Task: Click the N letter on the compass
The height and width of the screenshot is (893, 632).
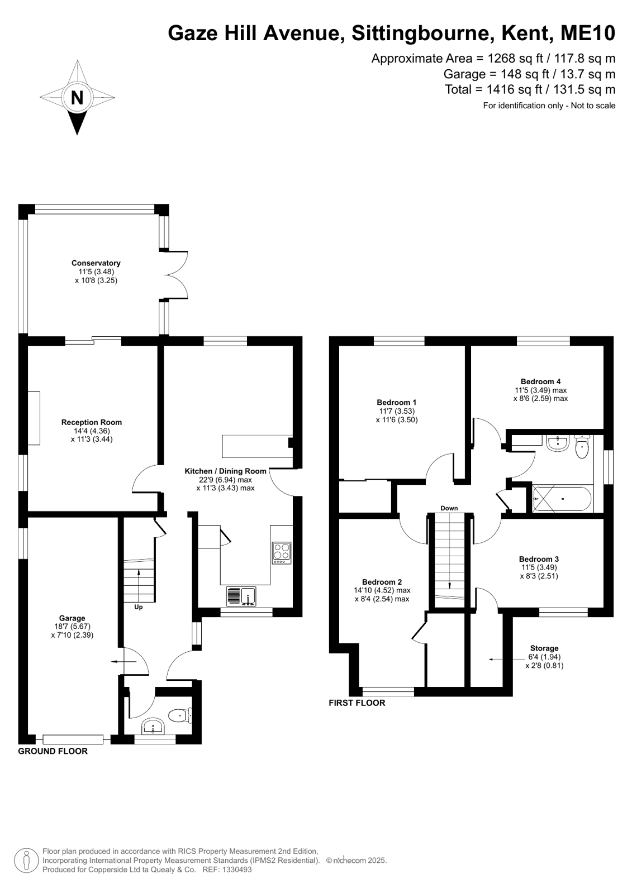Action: [77, 97]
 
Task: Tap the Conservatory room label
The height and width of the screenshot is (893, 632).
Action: [96, 263]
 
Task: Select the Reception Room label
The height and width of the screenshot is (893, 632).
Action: [92, 422]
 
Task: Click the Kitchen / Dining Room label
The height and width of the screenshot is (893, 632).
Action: [225, 471]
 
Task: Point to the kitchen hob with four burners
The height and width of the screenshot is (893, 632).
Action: [282, 552]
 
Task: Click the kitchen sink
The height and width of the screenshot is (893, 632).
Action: [241, 596]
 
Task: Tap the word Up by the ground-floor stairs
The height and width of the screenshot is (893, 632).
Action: [138, 607]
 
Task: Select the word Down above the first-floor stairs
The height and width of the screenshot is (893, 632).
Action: [449, 508]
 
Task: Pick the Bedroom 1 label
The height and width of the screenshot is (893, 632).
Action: [397, 402]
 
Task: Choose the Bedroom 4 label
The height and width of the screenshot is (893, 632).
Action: [540, 381]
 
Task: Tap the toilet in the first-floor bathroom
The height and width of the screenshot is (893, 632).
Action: [582, 447]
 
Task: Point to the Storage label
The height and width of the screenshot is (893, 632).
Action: [544, 648]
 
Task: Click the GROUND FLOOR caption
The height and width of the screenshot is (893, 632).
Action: [53, 752]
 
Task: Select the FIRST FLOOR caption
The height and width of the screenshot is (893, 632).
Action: [357, 703]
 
